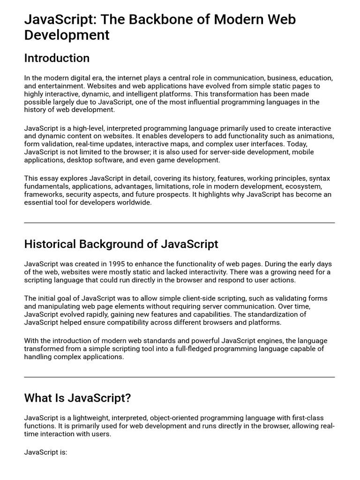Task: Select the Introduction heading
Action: (57, 58)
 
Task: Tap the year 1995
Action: (116, 264)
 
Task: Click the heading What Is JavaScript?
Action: (77, 398)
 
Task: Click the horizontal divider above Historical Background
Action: (180, 223)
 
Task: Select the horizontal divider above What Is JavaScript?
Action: (180, 377)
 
